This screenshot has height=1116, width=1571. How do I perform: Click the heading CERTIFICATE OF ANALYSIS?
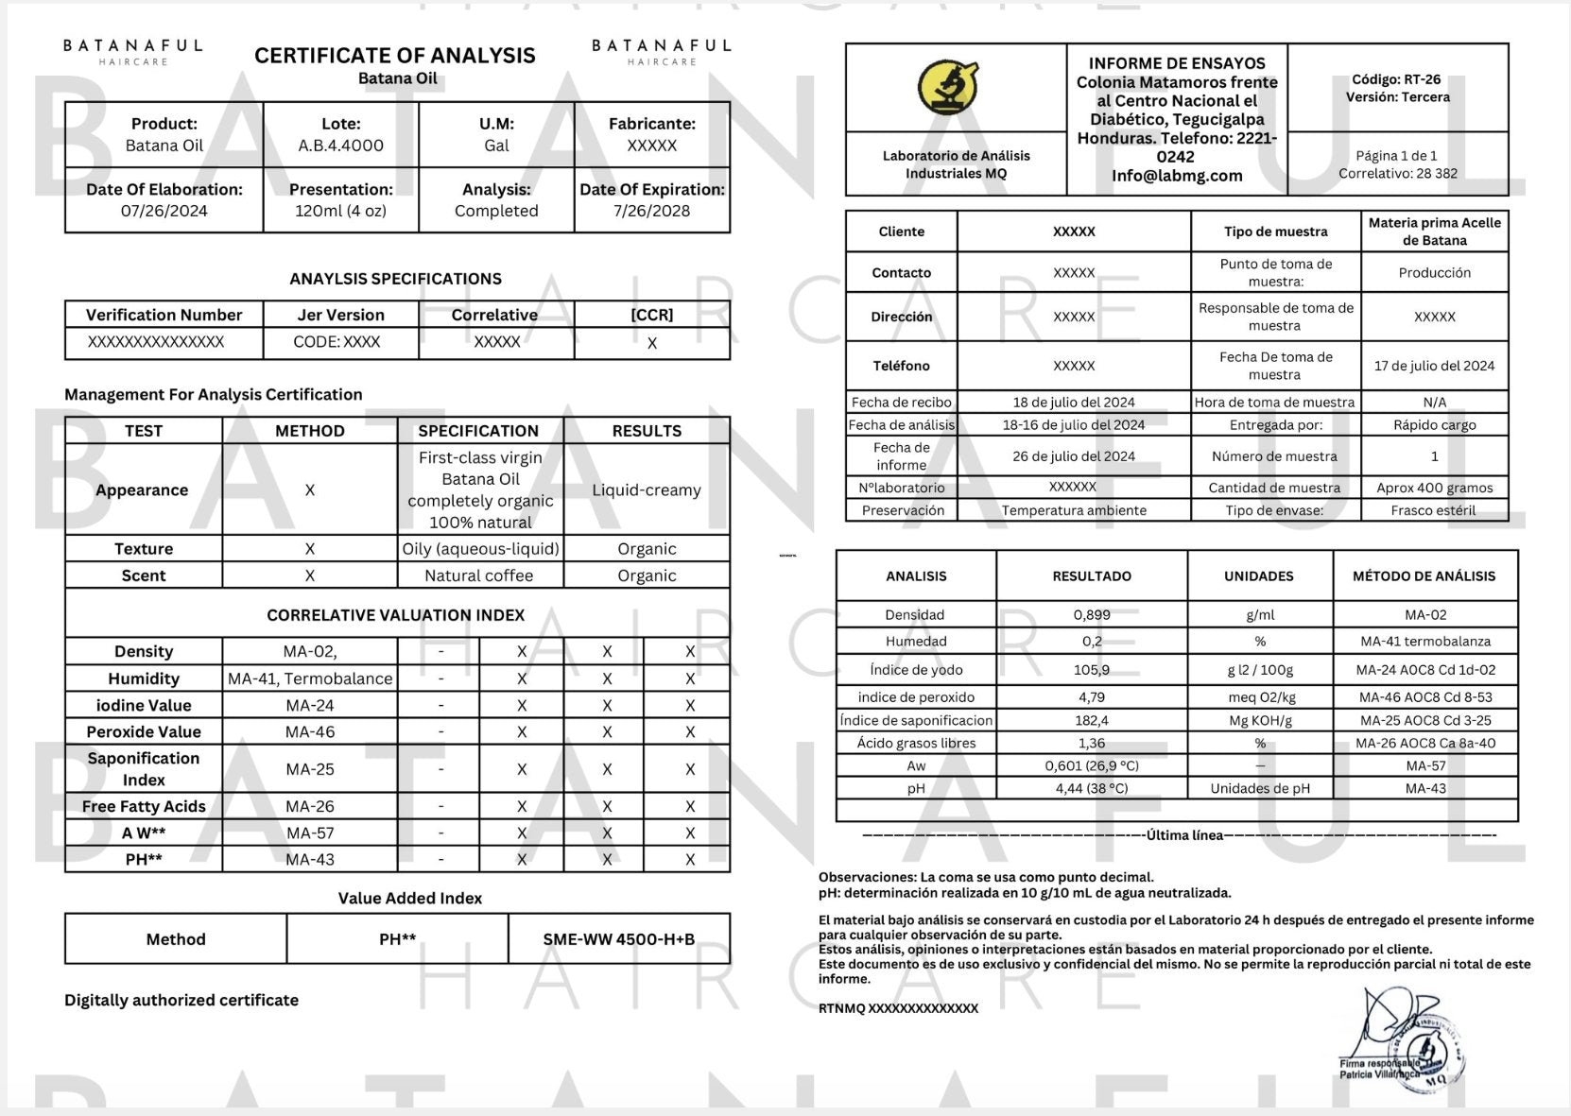pos(394,56)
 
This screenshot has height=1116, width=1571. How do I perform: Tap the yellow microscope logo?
pos(948,87)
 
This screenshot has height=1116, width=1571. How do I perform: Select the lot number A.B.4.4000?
pos(340,146)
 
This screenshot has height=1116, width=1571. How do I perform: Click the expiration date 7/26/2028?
pos(651,211)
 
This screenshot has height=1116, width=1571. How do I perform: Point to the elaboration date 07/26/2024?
pos(164,211)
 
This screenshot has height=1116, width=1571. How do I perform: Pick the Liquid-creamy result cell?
pos(647,489)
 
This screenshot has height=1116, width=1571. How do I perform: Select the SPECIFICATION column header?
pos(478,431)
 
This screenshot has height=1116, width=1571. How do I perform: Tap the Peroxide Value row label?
pos(144,731)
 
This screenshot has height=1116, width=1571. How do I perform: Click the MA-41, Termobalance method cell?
pos(310,678)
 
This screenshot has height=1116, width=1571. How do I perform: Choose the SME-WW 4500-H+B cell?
pos(618,939)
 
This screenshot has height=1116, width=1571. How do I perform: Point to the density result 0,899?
pos(1092,614)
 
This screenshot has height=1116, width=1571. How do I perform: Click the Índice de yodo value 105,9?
pos(1092,670)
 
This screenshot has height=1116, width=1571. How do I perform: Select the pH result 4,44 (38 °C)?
pos(1092,788)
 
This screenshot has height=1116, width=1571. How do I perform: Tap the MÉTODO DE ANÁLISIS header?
pos(1424,575)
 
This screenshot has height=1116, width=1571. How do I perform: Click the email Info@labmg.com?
pos(1177,175)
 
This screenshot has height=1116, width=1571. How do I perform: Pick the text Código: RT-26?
pos(1396,79)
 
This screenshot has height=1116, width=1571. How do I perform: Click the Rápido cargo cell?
pos(1434,425)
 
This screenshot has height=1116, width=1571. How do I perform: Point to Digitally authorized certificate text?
pos(181,1000)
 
